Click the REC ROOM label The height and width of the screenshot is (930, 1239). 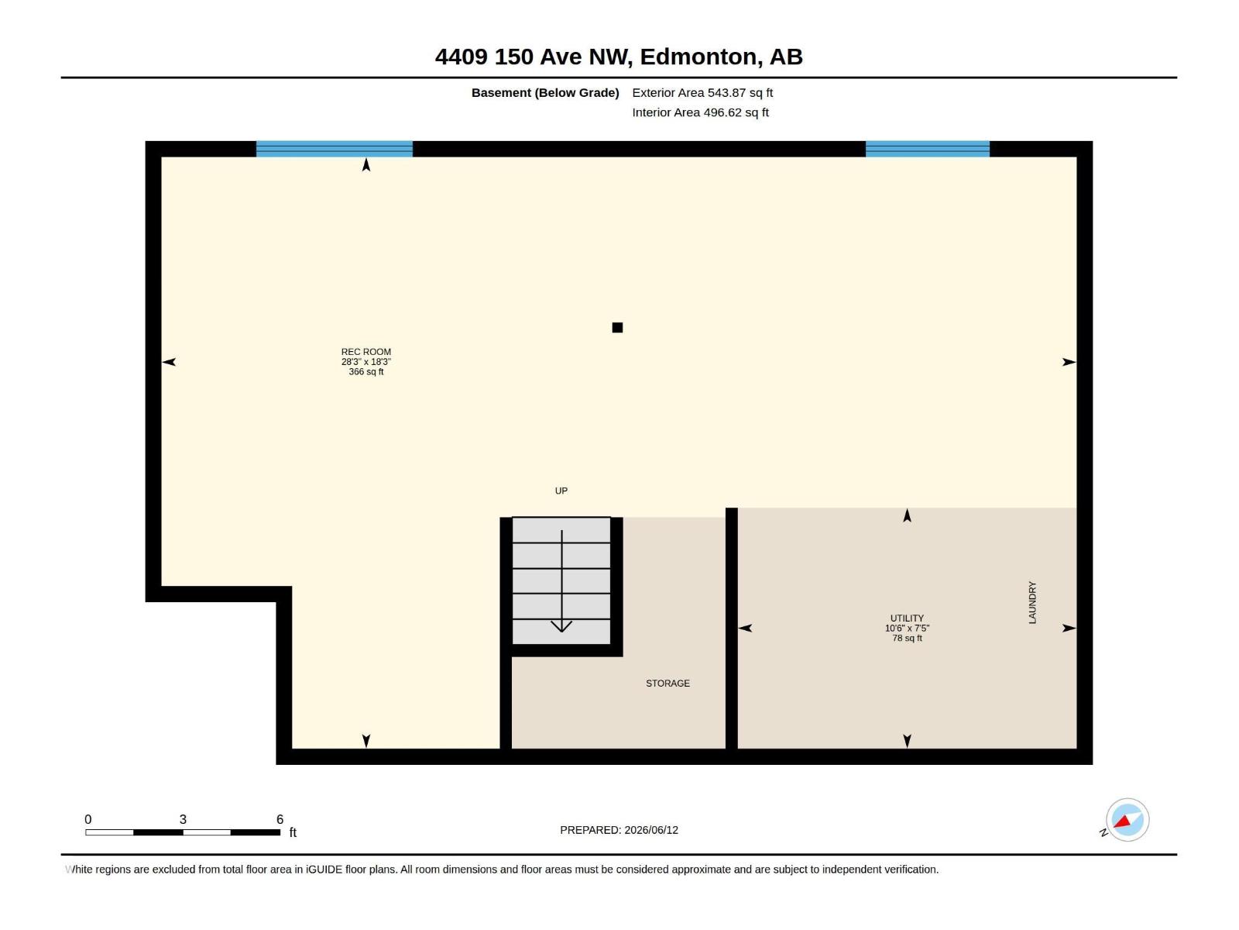pos(366,352)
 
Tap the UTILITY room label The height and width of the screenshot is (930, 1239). pos(907,618)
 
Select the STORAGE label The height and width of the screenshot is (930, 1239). pos(668,684)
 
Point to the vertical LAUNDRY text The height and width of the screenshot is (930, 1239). pos(1031,602)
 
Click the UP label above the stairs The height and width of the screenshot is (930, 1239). pos(561,491)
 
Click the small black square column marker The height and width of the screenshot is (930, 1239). pos(617,328)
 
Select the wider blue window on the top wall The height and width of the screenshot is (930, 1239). pos(335,149)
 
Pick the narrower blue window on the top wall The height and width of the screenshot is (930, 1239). pos(927,149)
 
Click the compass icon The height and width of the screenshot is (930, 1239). pos(1127,819)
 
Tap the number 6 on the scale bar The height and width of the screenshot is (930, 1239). pos(280,818)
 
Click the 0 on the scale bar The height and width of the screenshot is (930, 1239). pos(88,818)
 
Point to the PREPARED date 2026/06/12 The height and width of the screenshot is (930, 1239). pos(650,830)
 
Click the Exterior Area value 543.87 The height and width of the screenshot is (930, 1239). pos(726,92)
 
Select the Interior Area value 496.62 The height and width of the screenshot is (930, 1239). pos(722,112)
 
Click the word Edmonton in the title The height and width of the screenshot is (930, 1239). pos(698,57)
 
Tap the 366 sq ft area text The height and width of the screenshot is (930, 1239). pos(366,371)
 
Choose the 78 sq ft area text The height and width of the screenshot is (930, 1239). pos(907,638)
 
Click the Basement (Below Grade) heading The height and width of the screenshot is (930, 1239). pos(545,92)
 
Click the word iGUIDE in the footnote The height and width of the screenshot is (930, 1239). pos(324,870)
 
